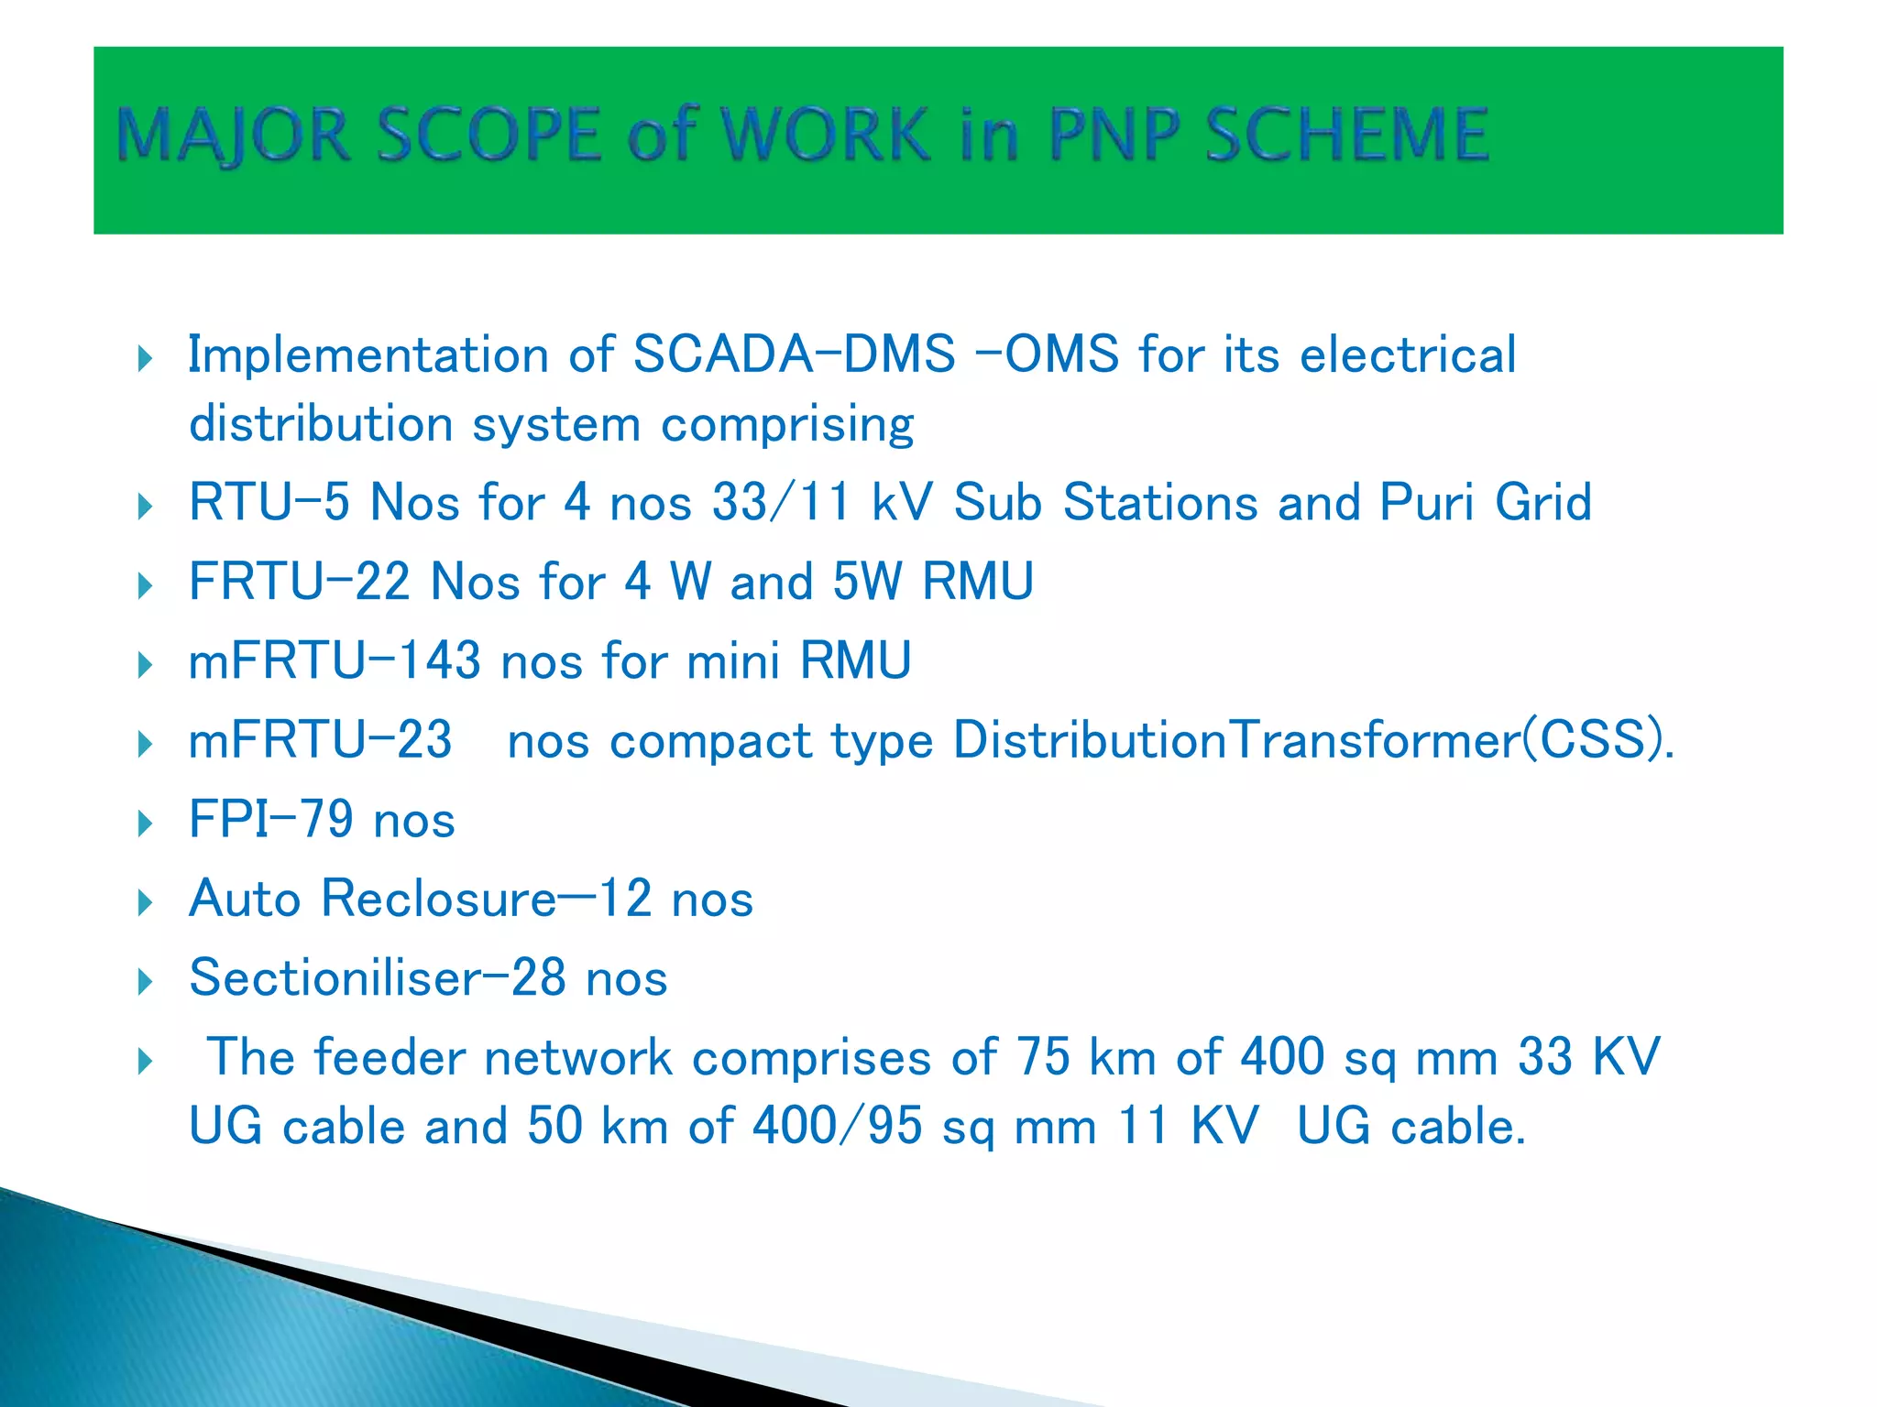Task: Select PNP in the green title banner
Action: point(1113,135)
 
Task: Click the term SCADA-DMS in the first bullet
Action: point(794,354)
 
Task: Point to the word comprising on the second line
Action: point(787,425)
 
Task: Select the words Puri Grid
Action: point(1485,503)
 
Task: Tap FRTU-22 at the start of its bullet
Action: point(299,582)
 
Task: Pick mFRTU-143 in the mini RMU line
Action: point(334,661)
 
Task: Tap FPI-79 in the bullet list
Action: point(270,820)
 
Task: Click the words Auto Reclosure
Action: point(372,899)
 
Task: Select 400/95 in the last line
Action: point(836,1127)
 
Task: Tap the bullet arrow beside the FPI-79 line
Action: point(145,823)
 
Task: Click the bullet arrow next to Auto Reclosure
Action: point(145,902)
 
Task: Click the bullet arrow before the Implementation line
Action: point(145,358)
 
